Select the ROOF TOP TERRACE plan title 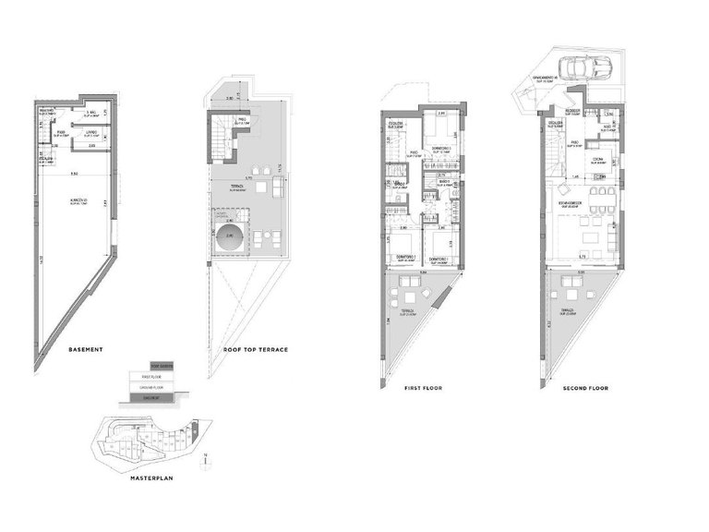pos(256,351)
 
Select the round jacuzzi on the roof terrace pos(232,236)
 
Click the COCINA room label pos(598,158)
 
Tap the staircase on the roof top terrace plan pos(221,143)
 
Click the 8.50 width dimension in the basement pos(73,174)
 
